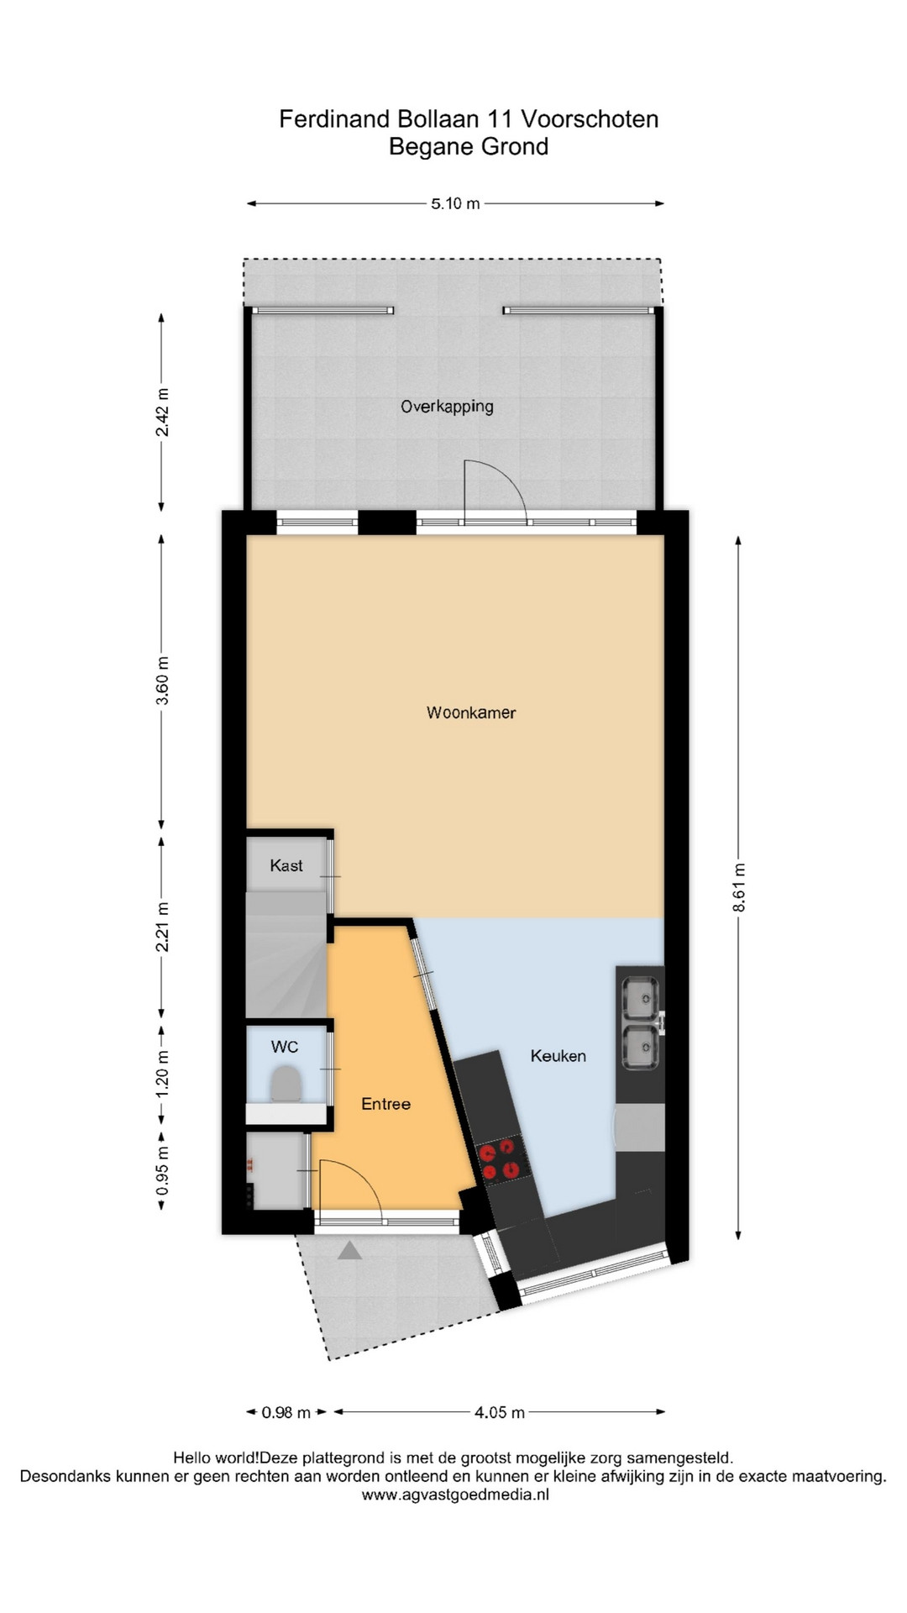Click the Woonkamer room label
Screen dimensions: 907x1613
(471, 713)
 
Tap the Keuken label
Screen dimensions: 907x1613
(558, 1056)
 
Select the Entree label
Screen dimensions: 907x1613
(386, 1104)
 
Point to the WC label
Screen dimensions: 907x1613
(285, 1047)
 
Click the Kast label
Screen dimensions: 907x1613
(286, 865)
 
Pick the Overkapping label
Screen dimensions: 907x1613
(447, 407)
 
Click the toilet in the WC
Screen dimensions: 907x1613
(286, 1083)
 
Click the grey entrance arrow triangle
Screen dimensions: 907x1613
(349, 1250)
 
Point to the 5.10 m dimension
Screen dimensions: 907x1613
(455, 203)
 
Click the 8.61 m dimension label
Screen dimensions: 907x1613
(739, 887)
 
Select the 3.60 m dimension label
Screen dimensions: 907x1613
(162, 681)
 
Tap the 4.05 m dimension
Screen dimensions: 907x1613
(500, 1412)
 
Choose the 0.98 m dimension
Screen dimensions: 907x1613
(286, 1412)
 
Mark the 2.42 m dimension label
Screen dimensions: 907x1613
(162, 412)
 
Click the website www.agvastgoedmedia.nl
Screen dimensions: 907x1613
(455, 1495)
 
